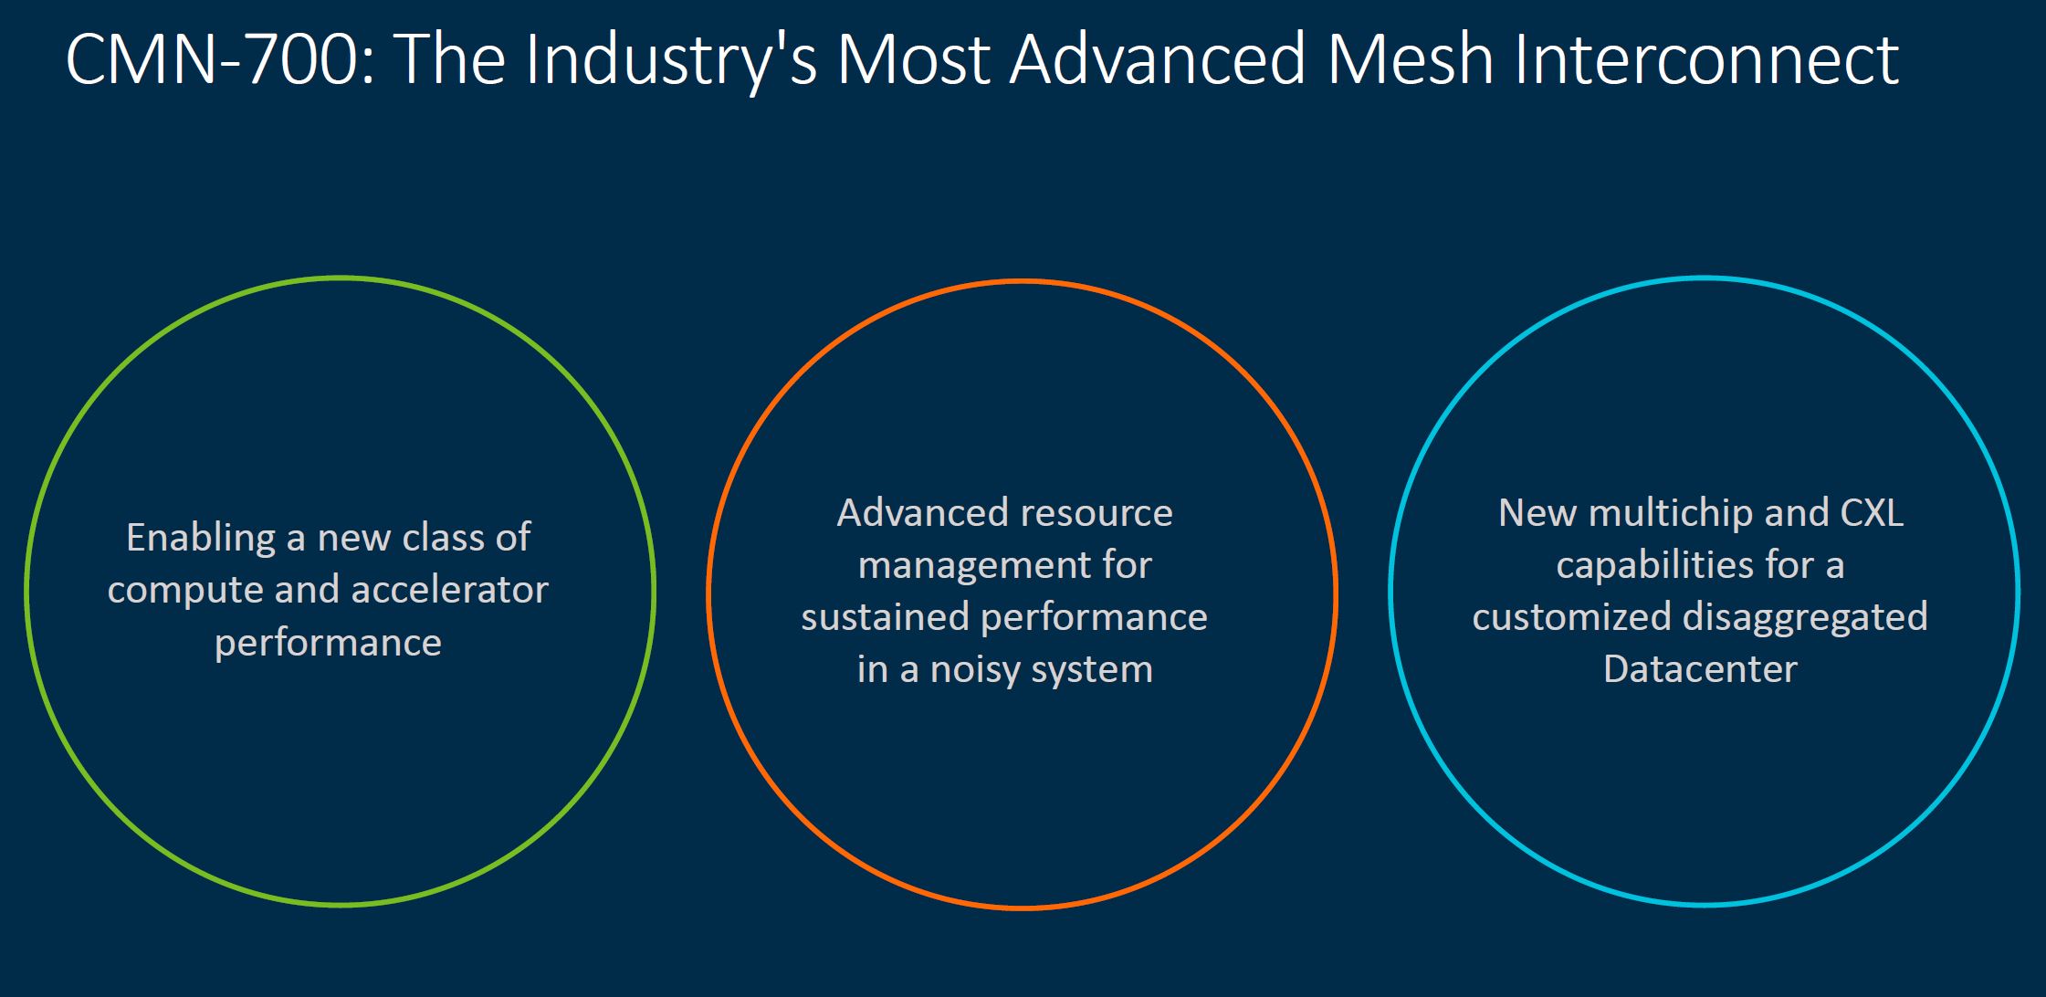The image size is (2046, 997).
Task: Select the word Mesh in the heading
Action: [x=1409, y=59]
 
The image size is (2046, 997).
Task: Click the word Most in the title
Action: [x=912, y=59]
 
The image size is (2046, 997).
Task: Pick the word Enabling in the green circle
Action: [x=201, y=538]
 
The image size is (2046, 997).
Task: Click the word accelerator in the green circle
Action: [x=449, y=590]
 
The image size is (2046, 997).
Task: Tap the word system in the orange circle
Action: [x=1100, y=670]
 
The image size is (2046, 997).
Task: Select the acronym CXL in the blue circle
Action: [x=1872, y=513]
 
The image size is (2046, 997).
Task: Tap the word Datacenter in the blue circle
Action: [x=1700, y=670]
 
